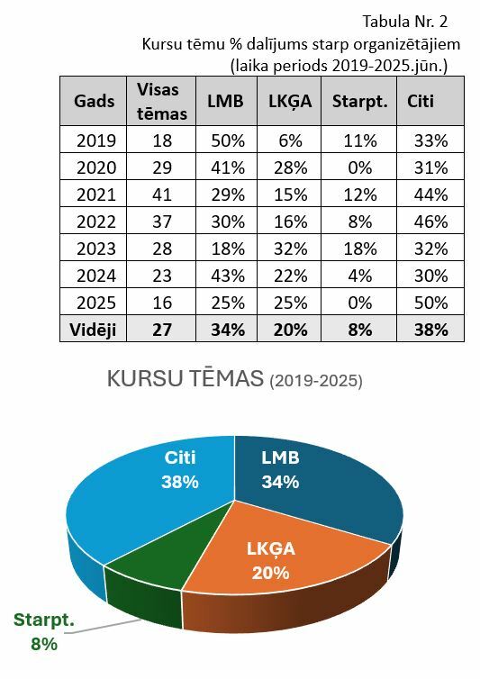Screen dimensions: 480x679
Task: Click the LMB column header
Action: [225, 102]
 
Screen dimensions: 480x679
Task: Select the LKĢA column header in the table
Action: [290, 102]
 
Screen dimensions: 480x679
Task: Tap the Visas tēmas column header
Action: [161, 102]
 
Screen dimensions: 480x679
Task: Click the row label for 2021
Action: [96, 195]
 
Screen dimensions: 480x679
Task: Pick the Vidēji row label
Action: [93, 330]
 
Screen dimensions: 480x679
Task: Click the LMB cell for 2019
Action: [228, 140]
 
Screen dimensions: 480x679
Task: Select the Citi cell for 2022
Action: [430, 222]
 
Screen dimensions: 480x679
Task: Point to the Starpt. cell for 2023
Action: [360, 249]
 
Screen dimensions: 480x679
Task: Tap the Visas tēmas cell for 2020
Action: [162, 167]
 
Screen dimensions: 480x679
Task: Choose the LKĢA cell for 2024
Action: [290, 276]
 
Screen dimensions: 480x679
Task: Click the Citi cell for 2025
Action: [430, 303]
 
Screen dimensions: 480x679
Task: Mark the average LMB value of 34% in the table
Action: [228, 330]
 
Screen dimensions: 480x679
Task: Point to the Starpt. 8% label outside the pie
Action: [44, 632]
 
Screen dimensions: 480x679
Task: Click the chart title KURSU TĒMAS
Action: [185, 379]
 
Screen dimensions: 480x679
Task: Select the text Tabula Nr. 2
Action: [404, 22]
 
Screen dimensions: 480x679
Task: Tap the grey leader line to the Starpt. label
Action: [105, 626]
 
